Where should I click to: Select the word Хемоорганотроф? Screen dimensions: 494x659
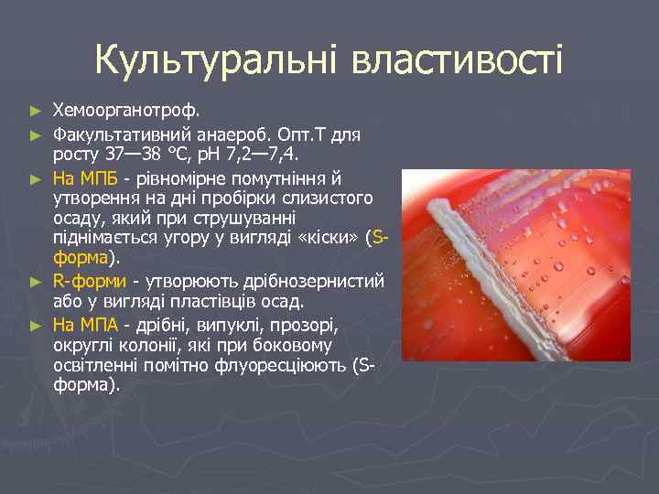[125, 111]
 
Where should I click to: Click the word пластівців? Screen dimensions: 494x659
[241, 301]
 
